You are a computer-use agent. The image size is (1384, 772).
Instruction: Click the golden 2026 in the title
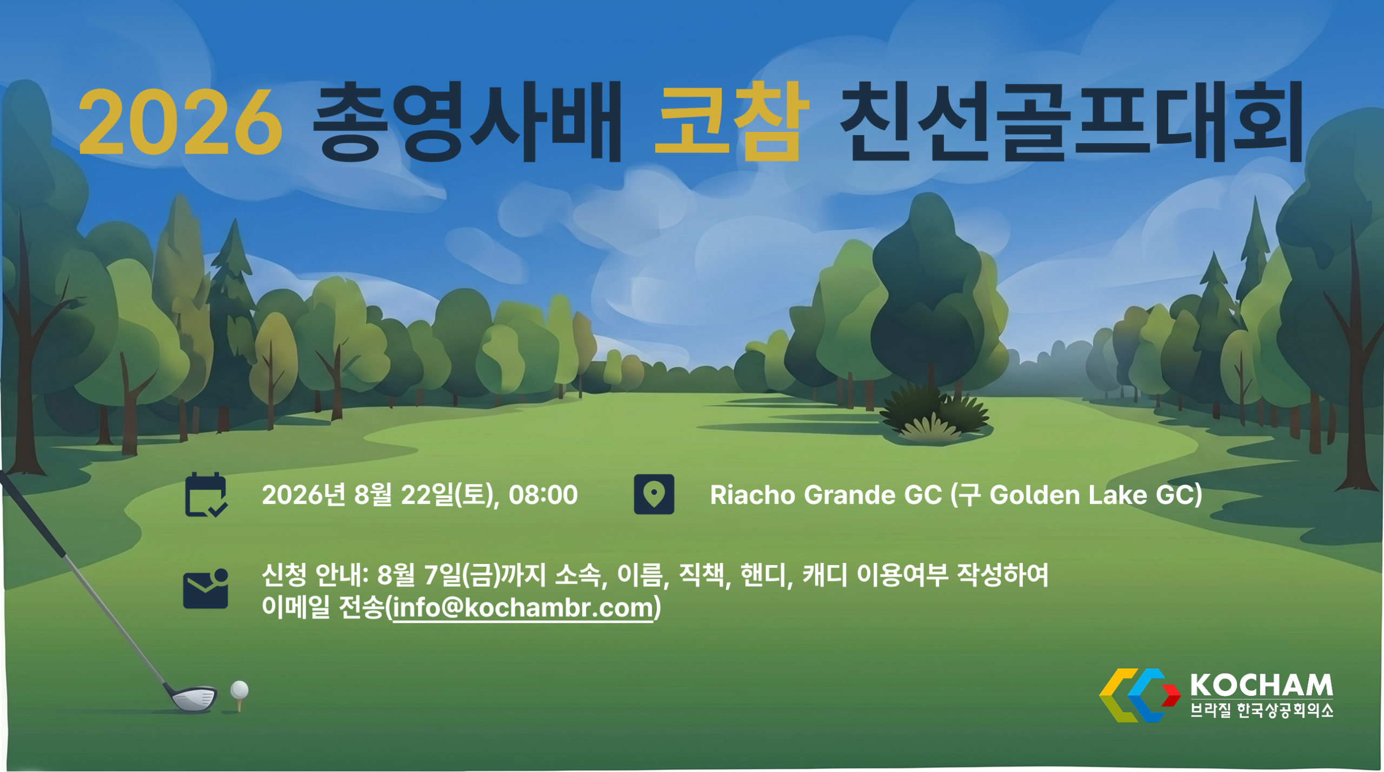click(x=181, y=122)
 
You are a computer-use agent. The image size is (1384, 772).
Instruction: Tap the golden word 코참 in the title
click(x=731, y=121)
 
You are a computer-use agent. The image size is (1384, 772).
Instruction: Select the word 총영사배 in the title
click(x=468, y=122)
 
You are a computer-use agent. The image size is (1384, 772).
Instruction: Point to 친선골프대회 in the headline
click(x=1073, y=122)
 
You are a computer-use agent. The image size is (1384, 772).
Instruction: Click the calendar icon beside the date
click(x=206, y=495)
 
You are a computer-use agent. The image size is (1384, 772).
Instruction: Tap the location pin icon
click(x=654, y=494)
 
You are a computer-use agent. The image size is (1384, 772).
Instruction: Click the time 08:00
click(x=543, y=495)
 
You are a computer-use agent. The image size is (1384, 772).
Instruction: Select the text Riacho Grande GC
click(x=826, y=495)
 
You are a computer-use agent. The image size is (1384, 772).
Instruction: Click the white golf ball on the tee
click(x=239, y=690)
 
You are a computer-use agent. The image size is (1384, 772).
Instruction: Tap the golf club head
click(x=192, y=697)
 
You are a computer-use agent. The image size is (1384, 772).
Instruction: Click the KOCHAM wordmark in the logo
click(x=1262, y=685)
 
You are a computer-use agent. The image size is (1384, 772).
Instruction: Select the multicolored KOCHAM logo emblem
click(x=1140, y=695)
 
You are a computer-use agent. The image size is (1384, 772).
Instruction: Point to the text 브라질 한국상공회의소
click(x=1262, y=710)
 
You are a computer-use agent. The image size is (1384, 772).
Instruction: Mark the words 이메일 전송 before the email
click(x=323, y=608)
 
